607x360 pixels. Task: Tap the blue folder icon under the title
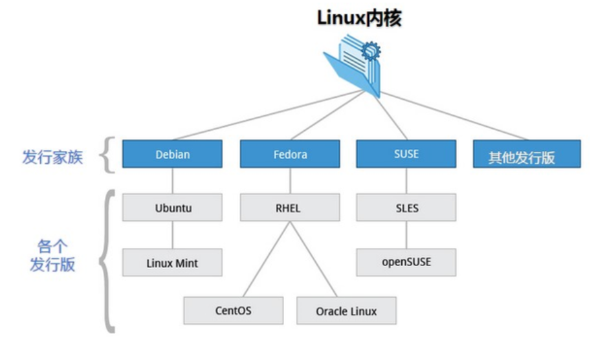pos(352,68)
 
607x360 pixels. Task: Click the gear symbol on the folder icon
pos(371,50)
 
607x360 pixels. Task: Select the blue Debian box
pos(171,154)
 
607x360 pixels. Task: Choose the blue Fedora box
pos(289,154)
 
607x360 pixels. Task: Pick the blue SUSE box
pos(406,154)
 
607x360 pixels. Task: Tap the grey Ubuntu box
pos(173,208)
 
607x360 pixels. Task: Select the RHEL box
pos(289,208)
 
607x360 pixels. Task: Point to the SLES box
pos(406,208)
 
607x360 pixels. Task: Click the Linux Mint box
pos(172,263)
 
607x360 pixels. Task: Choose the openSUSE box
pos(406,262)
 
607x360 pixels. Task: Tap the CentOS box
pos(234,311)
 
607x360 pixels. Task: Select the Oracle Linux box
pos(346,311)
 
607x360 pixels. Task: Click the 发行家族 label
pos(52,157)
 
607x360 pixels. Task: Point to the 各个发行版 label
pos(52,255)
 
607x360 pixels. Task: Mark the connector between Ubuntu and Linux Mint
pos(172,236)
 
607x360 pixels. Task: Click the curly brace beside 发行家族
pos(109,155)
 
